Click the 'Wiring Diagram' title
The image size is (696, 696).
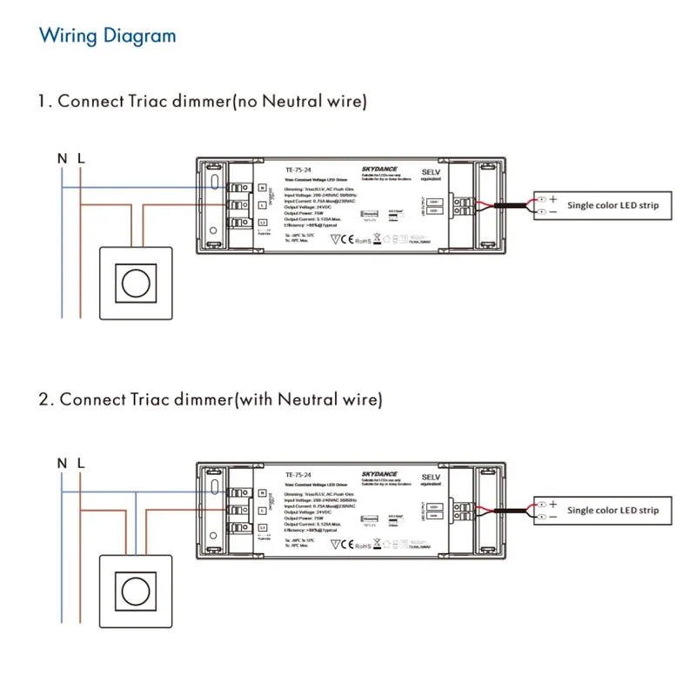[108, 36]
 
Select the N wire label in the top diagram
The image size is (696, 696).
[62, 159]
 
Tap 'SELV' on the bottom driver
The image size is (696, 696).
[431, 478]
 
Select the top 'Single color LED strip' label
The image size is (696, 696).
[612, 206]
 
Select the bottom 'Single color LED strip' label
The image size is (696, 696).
[612, 511]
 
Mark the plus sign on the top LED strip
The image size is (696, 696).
[552, 200]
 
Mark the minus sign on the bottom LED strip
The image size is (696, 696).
[552, 517]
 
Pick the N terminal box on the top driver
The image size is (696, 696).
[262, 188]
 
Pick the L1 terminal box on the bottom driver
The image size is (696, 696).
[262, 527]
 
